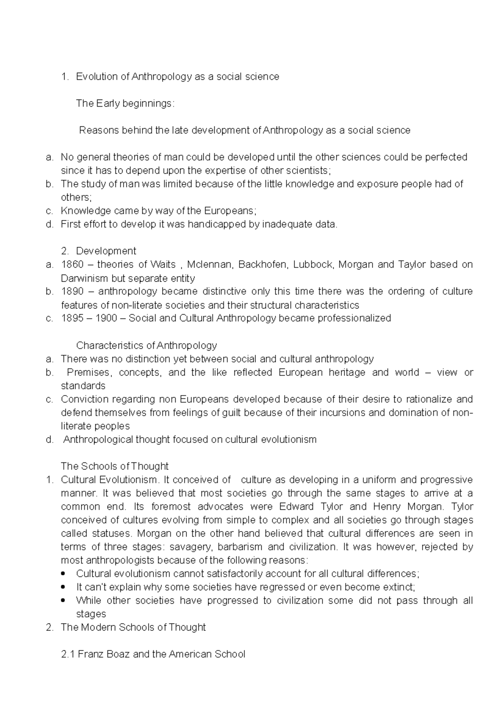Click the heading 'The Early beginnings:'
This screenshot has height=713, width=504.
click(125, 103)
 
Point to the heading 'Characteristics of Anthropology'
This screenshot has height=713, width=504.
click(146, 346)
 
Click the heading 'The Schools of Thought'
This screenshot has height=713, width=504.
click(114, 466)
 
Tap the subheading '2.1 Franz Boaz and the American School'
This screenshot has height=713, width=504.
click(153, 654)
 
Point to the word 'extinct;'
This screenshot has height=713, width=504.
click(399, 587)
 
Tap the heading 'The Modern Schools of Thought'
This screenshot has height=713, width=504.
click(133, 627)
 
